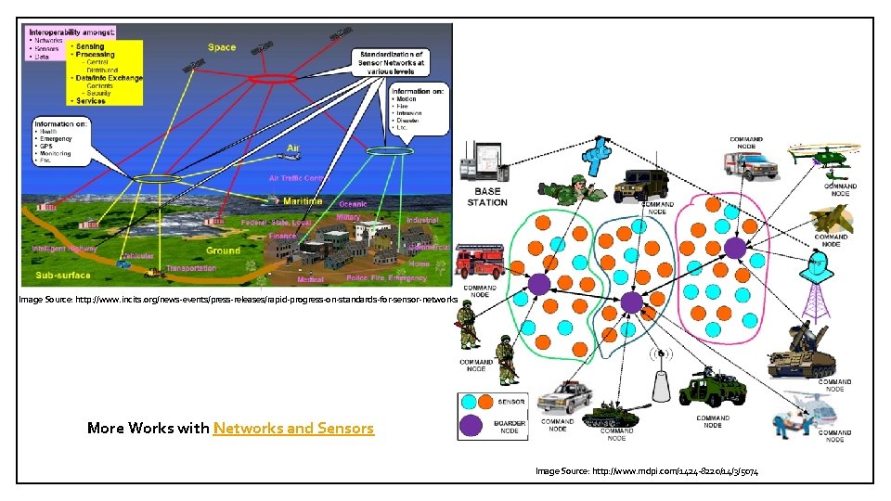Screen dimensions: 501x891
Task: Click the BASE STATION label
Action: coord(486,197)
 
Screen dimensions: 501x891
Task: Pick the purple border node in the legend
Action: coord(471,426)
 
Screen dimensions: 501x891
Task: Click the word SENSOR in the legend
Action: coord(512,402)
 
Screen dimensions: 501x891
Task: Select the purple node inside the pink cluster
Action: coord(734,248)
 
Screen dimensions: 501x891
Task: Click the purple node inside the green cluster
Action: coord(539,285)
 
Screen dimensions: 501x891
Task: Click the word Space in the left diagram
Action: coord(222,47)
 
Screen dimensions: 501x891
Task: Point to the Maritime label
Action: coord(303,201)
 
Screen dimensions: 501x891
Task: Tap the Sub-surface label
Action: coord(64,276)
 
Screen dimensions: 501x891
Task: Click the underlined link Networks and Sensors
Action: coord(293,428)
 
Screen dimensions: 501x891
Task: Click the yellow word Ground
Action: coord(222,250)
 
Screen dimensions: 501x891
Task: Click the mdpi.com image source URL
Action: coord(647,472)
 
